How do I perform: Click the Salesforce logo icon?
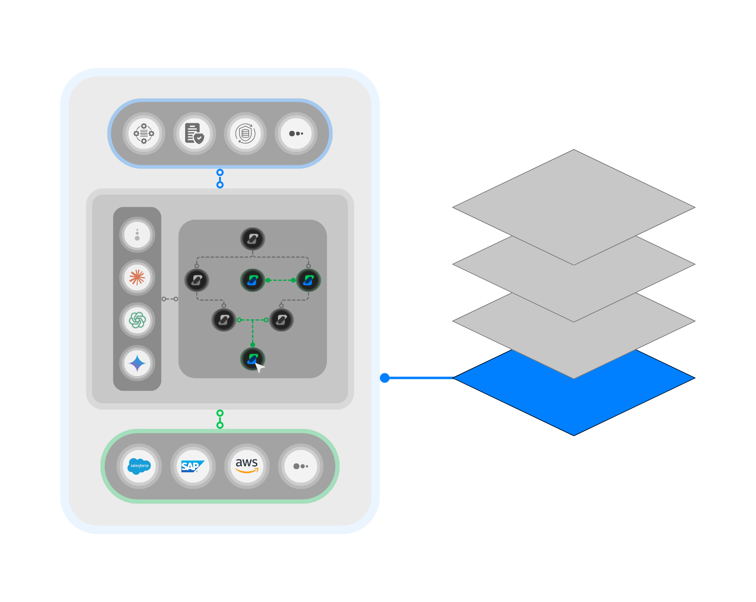coord(139,466)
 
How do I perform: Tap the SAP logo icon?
coord(193,466)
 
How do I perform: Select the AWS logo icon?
coord(247,466)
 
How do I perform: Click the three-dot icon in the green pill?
coord(301,466)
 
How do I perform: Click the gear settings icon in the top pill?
coord(144,133)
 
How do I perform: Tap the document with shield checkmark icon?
coord(194,133)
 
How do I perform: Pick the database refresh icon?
coord(245,133)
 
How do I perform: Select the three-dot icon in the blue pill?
coord(296,133)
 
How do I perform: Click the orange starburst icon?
coord(137,278)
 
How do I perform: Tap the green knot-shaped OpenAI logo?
coord(137,320)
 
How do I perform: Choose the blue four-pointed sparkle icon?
coord(137,363)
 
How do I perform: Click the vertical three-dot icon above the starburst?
coord(137,235)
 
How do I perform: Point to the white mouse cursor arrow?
coord(259,367)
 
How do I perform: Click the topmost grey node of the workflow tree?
coord(252,239)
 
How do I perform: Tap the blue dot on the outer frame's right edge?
coord(385,378)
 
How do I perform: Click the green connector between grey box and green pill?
coord(220,419)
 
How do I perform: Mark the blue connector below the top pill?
coord(220,179)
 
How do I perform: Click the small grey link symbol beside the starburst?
coord(170,299)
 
